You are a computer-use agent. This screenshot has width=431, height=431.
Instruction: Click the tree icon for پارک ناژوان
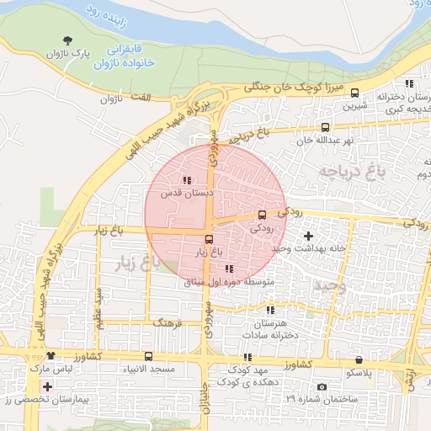pos(68,40)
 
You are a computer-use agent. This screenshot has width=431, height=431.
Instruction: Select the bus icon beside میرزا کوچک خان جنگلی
pos(354,93)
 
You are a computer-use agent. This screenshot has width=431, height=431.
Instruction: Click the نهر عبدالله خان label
pos(321,141)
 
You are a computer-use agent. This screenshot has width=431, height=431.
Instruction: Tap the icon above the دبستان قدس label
pos(186,180)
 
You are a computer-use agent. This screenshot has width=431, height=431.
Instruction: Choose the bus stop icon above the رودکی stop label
pos(262,215)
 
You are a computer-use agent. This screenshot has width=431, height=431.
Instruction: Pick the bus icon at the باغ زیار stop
pos(210,238)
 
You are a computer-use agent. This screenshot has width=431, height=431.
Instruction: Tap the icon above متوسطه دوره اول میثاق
pos(229,269)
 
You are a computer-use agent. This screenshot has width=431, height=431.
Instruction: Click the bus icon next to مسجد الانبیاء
pos(149,356)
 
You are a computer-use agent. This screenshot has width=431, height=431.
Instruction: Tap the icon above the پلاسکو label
pos(359,359)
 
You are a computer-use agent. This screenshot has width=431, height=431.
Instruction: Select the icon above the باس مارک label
pos(52,356)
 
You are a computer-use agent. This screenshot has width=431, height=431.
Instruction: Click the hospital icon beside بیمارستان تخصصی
pos(47,387)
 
